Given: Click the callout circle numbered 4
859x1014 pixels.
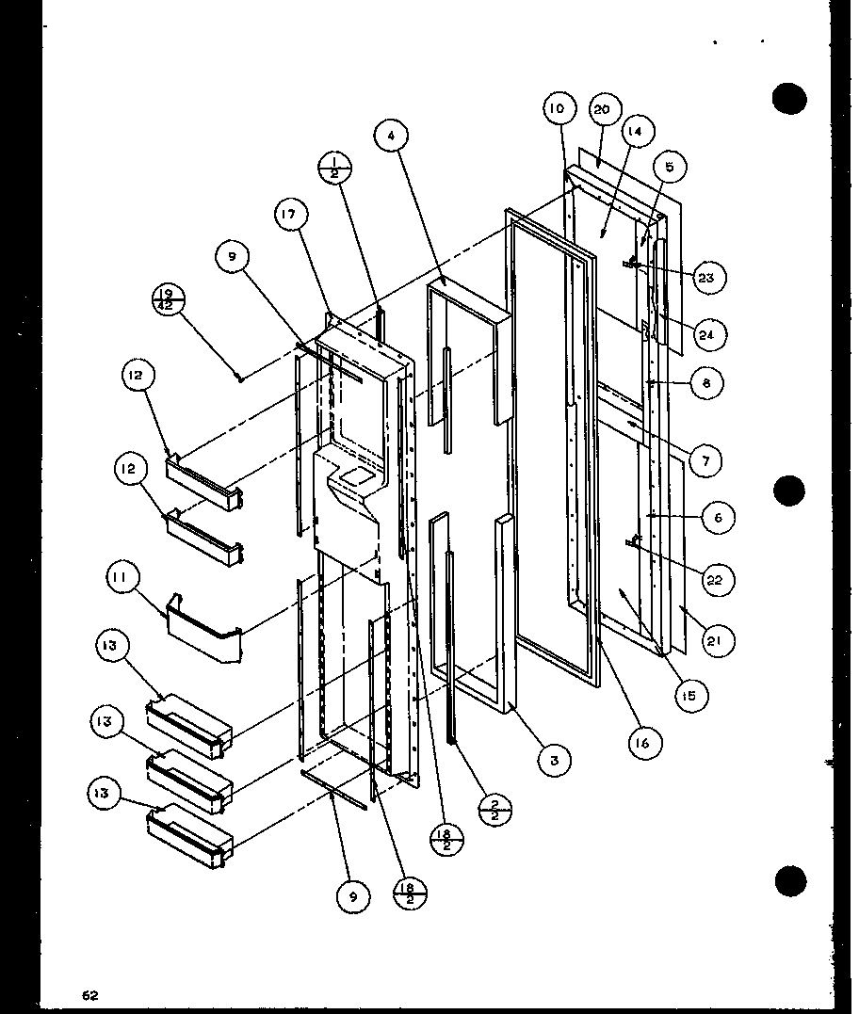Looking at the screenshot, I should [x=391, y=136].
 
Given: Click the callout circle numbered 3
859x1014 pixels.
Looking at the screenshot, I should [x=555, y=759].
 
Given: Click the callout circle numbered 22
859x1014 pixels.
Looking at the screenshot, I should [x=714, y=579].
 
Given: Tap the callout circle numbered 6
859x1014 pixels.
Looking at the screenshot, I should [x=719, y=517].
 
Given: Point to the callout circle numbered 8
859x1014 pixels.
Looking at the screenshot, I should [x=706, y=383].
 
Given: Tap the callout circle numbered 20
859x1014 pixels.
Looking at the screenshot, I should [x=601, y=110].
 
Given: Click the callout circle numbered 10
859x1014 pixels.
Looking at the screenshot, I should [x=557, y=109].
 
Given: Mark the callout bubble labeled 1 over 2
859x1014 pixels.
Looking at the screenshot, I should [x=336, y=170].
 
